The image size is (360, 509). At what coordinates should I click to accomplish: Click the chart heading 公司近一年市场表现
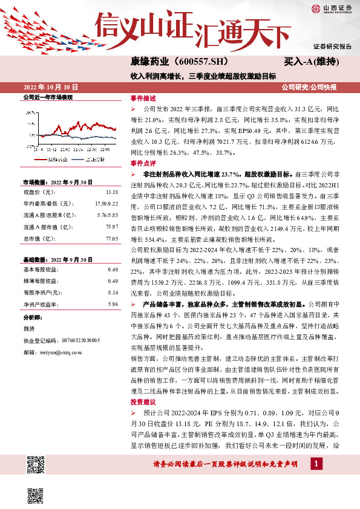point(47,97)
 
